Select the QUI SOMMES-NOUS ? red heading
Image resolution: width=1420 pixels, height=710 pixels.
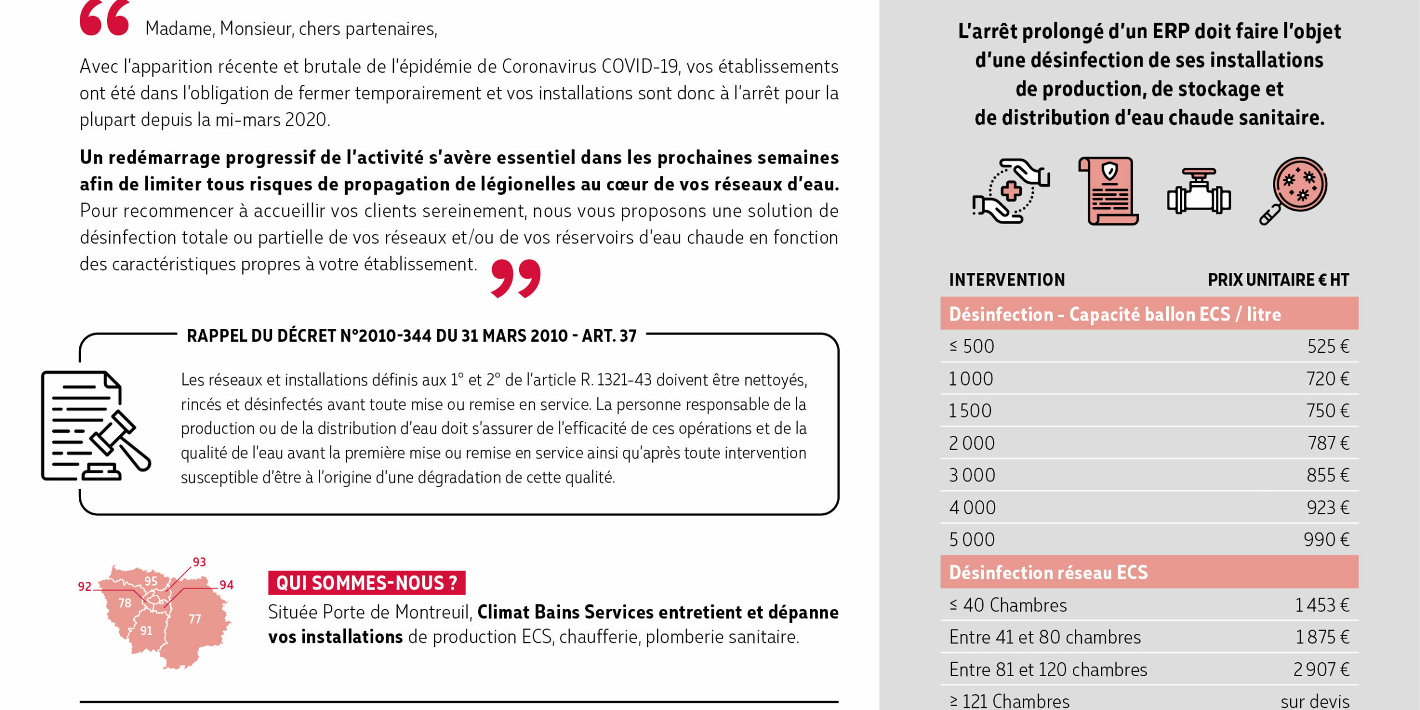pos(367,582)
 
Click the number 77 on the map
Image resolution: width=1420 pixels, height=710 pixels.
pos(195,619)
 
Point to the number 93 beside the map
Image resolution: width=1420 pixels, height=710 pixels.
pos(199,562)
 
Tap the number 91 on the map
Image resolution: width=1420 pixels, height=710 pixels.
pos(146,631)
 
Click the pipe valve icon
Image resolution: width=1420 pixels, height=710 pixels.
pos(1199,191)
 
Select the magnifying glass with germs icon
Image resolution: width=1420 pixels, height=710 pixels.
pos(1293,190)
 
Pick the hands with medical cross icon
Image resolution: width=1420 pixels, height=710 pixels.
pos(1010,191)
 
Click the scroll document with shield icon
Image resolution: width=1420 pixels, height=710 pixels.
pos(1108,191)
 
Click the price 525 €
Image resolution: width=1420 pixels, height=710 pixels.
pos(1328,346)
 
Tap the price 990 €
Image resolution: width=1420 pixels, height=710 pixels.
pos(1326,539)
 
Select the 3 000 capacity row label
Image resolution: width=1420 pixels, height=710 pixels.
pos(972,475)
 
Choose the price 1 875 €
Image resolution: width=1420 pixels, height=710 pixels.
pos(1322,637)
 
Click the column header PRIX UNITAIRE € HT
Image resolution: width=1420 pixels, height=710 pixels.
pos(1278,280)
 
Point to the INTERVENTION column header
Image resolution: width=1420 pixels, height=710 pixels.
pos(1007,280)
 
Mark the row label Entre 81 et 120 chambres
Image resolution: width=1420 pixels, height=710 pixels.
pos(1048,670)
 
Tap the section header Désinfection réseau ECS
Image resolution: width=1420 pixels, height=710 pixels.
pos(1048,572)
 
